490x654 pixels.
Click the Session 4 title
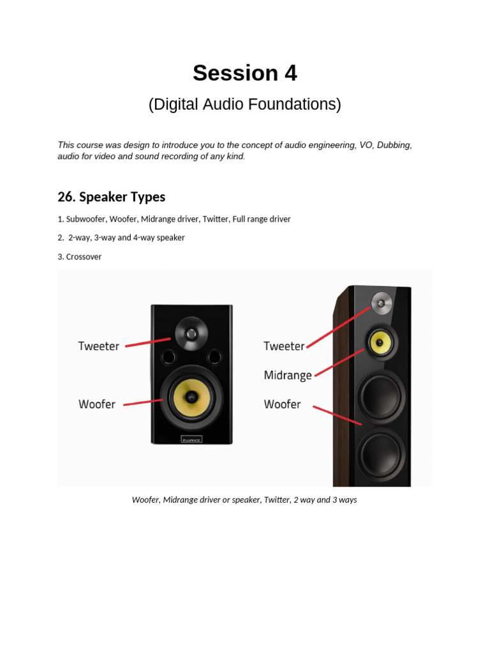[x=245, y=73]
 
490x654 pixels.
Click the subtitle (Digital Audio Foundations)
[x=245, y=104]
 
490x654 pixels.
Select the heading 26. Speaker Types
[x=111, y=197]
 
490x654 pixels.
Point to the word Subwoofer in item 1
[x=85, y=219]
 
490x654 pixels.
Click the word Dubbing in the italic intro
[x=394, y=145]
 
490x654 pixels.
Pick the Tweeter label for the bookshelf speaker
[x=99, y=346]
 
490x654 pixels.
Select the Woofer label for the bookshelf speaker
[x=97, y=404]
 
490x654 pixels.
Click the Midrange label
[x=288, y=375]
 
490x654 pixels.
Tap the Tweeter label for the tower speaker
[x=284, y=346]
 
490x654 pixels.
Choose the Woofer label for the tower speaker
[x=282, y=404]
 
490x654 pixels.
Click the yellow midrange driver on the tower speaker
[x=380, y=342]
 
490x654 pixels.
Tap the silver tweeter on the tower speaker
[x=382, y=301]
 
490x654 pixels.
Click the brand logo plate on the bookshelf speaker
[x=191, y=438]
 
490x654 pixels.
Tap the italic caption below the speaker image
[x=244, y=499]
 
